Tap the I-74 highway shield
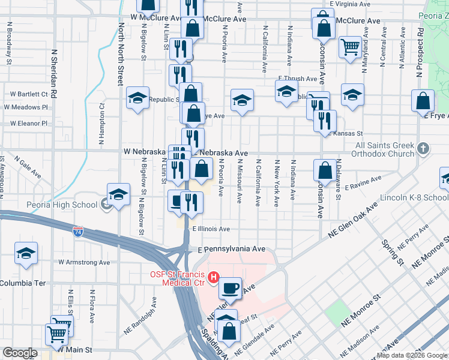(78, 230)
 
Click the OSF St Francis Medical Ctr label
(177, 278)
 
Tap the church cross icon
(423, 148)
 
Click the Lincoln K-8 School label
(414, 197)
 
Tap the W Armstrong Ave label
(84, 262)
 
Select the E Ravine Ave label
(364, 180)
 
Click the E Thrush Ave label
(297, 79)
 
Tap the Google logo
(20, 353)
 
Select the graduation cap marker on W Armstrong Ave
(26, 254)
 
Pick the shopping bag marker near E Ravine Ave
(325, 170)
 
